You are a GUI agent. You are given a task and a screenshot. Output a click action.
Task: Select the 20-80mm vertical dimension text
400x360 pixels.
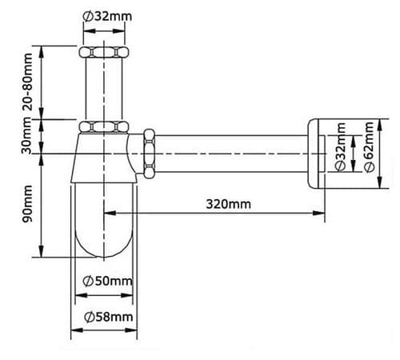click(28, 82)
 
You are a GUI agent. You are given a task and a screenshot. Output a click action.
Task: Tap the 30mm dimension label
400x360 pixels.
click(28, 137)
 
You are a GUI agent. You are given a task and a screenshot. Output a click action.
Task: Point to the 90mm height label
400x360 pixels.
click(28, 206)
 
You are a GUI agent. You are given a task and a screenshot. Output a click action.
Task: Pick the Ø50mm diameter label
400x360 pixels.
click(107, 281)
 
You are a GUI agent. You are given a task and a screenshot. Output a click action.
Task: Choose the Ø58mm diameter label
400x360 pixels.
click(107, 318)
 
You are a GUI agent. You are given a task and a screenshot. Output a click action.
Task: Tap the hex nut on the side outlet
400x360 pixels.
click(149, 152)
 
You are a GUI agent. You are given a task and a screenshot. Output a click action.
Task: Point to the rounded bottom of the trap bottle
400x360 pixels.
click(102, 244)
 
